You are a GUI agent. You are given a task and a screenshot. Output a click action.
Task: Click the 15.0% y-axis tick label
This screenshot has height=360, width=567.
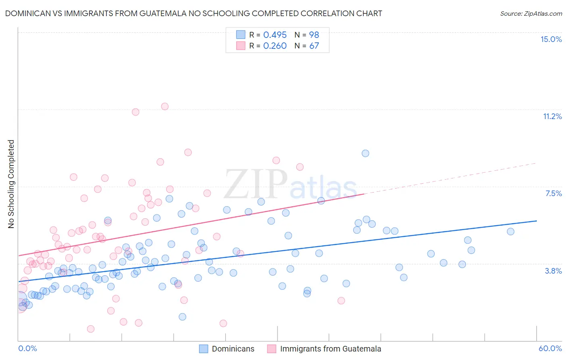(x=551, y=39)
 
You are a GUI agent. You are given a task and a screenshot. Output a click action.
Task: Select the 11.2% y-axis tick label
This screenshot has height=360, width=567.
(x=552, y=116)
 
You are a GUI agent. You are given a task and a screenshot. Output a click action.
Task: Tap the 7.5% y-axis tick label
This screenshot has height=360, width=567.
(x=553, y=193)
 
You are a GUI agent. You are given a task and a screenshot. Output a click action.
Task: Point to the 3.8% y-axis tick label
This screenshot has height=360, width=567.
(x=553, y=271)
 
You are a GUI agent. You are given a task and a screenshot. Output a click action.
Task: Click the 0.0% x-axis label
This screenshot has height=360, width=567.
(x=27, y=348)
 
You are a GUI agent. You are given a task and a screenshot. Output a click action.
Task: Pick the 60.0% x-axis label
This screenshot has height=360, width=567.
(x=550, y=348)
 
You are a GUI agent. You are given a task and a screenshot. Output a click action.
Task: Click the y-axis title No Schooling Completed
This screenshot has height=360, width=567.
(x=11, y=184)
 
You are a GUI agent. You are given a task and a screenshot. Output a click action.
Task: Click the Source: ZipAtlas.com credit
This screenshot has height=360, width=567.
(x=531, y=13)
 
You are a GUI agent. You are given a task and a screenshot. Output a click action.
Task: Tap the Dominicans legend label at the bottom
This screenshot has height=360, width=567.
(x=233, y=349)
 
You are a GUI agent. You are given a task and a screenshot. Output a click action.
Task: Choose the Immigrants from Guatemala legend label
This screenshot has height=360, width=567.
(x=330, y=349)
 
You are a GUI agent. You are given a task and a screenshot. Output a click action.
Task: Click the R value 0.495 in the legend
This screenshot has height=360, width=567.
(x=275, y=35)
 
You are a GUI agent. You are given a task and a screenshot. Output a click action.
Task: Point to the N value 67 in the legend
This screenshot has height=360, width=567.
(x=314, y=46)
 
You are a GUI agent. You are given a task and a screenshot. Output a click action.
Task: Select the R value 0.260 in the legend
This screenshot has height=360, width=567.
(x=275, y=46)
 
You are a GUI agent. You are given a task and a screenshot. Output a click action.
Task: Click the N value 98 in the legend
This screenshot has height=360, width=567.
(x=314, y=35)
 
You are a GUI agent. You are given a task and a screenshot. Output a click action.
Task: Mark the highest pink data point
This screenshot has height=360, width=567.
(x=165, y=107)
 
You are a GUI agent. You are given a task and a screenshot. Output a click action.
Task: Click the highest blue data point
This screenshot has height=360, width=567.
(x=365, y=153)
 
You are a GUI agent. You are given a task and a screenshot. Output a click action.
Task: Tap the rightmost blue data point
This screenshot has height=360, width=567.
(x=511, y=232)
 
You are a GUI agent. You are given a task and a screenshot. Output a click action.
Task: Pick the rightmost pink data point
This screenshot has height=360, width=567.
(x=341, y=301)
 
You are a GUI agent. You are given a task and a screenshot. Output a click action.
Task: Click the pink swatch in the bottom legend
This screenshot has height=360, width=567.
(x=271, y=349)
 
